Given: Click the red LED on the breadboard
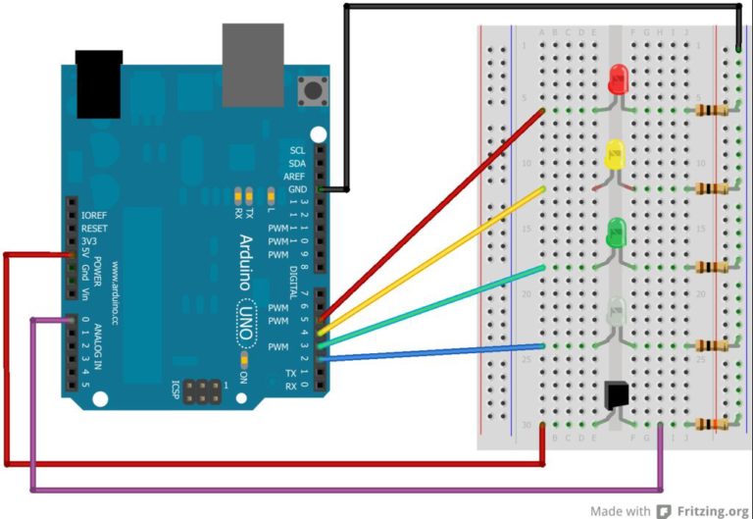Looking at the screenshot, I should pyautogui.click(x=618, y=79).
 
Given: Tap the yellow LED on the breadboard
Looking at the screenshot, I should pyautogui.click(x=616, y=155).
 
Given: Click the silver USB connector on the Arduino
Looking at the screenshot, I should pyautogui.click(x=252, y=65).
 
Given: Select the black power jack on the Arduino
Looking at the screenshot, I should pyautogui.click(x=100, y=82).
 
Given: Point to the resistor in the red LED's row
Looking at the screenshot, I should pyautogui.click(x=713, y=110).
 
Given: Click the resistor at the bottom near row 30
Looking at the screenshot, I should pyautogui.click(x=713, y=424).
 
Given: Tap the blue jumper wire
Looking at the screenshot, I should pyautogui.click(x=431, y=353).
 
